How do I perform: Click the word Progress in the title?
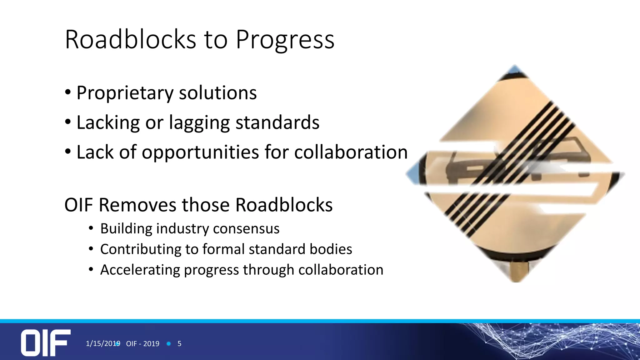(285, 40)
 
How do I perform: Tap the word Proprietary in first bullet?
(125, 93)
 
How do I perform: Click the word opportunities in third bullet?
(200, 152)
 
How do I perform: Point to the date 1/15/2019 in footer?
(103, 343)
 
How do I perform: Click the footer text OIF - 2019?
(142, 344)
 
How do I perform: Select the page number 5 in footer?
(179, 344)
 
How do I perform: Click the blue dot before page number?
(169, 344)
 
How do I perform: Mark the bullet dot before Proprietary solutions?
(68, 93)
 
